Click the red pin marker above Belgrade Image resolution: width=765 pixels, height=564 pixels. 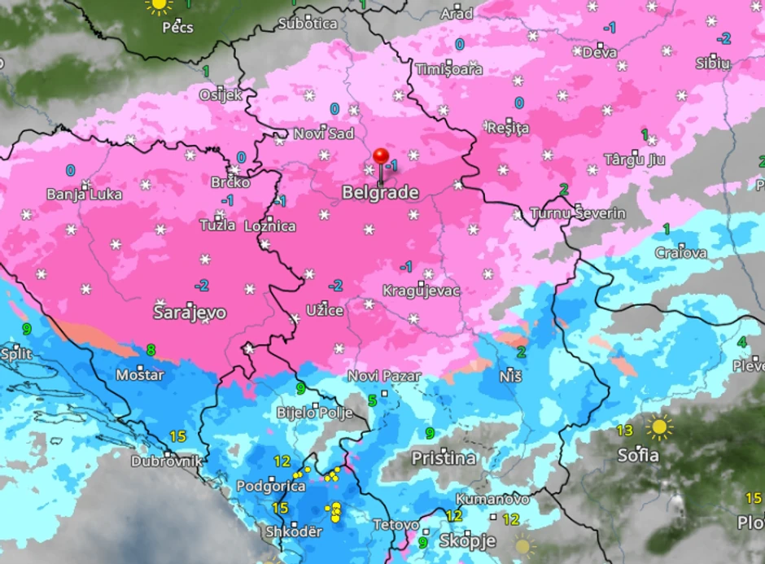tap(382, 157)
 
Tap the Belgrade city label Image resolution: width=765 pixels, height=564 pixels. tap(381, 193)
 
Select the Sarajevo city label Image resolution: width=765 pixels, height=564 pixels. tap(190, 313)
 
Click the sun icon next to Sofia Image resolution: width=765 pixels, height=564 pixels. tap(658, 426)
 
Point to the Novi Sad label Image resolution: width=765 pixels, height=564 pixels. tap(324, 133)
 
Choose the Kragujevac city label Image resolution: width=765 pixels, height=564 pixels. tap(422, 291)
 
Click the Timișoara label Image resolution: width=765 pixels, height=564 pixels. tap(448, 69)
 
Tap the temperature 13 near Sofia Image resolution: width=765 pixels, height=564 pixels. tap(625, 430)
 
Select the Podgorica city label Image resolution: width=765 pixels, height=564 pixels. tap(271, 487)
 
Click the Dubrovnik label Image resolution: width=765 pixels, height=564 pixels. tap(167, 461)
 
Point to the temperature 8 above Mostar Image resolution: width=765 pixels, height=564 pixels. tap(151, 351)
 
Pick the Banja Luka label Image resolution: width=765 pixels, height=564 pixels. tap(85, 195)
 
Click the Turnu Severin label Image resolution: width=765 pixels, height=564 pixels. tap(578, 213)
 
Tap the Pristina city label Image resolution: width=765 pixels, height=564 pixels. tap(444, 458)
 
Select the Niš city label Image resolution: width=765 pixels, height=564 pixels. tap(511, 376)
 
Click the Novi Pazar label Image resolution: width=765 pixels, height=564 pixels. tap(384, 376)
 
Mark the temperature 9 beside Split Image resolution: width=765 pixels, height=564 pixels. tap(27, 330)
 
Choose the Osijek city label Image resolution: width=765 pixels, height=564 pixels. tap(221, 94)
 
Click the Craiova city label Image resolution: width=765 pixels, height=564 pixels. tap(681, 253)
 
